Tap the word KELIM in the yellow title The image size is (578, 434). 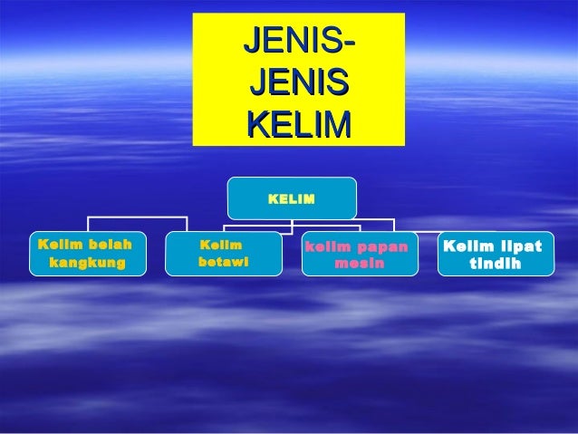299,122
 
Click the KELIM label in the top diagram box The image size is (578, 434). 292,198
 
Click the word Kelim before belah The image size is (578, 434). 55,245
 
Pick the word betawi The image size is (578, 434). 222,264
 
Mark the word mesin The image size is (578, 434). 360,264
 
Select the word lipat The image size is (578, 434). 520,246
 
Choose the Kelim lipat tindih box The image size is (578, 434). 496,254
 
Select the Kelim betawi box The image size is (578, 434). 223,254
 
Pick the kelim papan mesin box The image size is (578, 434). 360,254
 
